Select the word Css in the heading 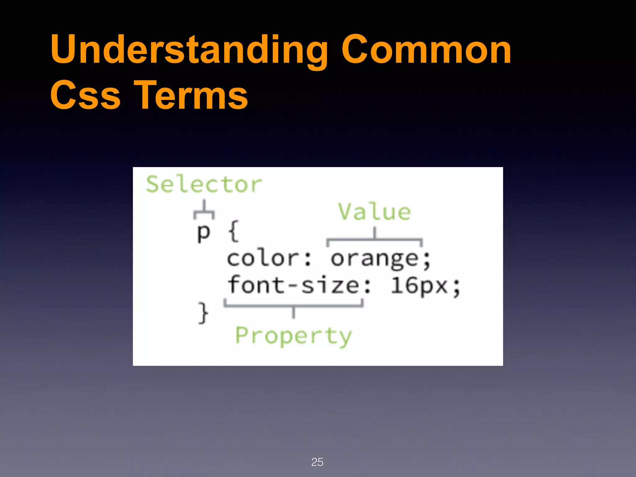click(85, 96)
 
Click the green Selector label click(204, 184)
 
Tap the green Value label click(375, 212)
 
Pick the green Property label click(293, 336)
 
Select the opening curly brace click(234, 231)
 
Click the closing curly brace click(203, 313)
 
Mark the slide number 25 click(317, 462)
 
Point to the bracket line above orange click(375, 239)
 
